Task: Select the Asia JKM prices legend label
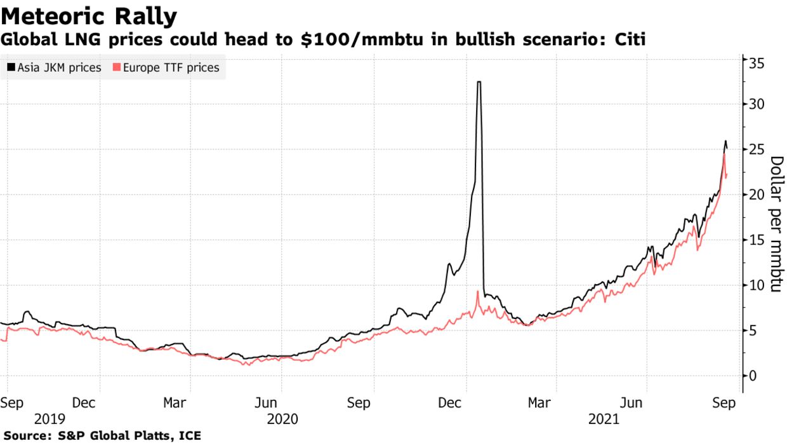(x=59, y=67)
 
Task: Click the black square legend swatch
(x=11, y=67)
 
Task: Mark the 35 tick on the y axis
(x=756, y=63)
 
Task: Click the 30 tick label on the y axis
(x=756, y=104)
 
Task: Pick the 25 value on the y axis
(x=756, y=149)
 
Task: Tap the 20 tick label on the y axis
(x=756, y=194)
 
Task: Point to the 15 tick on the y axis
(x=756, y=240)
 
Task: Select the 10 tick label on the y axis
(x=756, y=285)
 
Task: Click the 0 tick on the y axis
(x=753, y=376)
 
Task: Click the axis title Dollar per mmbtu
(x=775, y=224)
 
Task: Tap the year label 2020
(x=282, y=419)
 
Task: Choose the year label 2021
(x=604, y=419)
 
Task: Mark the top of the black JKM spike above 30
(x=479, y=82)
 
